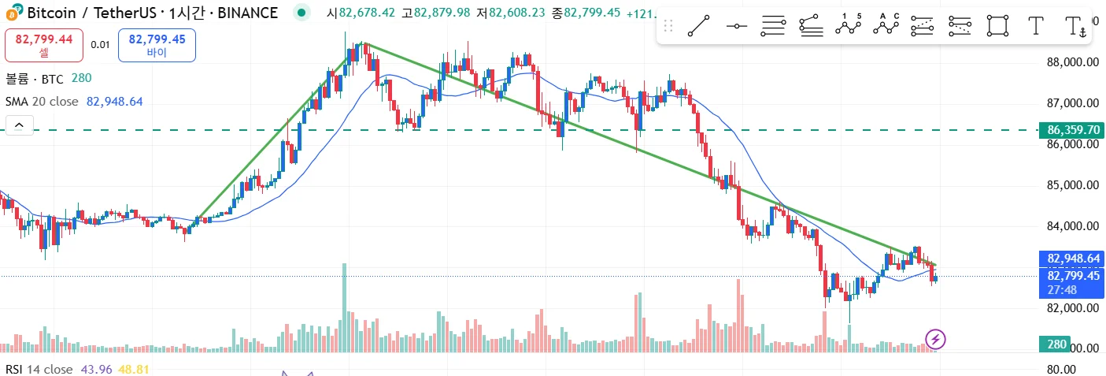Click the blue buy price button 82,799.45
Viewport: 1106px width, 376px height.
pyautogui.click(x=157, y=44)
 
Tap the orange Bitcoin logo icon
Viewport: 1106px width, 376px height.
pyautogui.click(x=13, y=12)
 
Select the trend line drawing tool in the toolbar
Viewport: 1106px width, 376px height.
pyautogui.click(x=698, y=26)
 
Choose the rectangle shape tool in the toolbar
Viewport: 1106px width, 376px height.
pyautogui.click(x=998, y=26)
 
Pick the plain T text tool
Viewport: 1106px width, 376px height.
pyautogui.click(x=1036, y=26)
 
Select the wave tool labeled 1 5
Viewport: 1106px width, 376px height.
pyautogui.click(x=849, y=26)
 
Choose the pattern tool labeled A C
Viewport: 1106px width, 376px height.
pyautogui.click(x=886, y=26)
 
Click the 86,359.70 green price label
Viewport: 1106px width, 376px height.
pyautogui.click(x=1073, y=130)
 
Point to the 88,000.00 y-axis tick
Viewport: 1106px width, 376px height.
pyautogui.click(x=1073, y=62)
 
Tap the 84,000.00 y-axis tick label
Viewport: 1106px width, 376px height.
pyautogui.click(x=1073, y=226)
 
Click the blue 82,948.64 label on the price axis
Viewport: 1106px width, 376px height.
pyautogui.click(x=1073, y=258)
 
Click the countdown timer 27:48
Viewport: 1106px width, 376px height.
pyautogui.click(x=1063, y=290)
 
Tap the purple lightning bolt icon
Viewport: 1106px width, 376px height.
pyautogui.click(x=935, y=340)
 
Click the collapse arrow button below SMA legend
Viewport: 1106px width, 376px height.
pyautogui.click(x=19, y=125)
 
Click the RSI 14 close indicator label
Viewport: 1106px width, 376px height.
pyautogui.click(x=39, y=369)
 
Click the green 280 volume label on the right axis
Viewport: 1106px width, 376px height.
pyautogui.click(x=1058, y=344)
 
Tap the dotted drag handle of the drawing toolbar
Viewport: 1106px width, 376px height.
pyautogui.click(x=668, y=26)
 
